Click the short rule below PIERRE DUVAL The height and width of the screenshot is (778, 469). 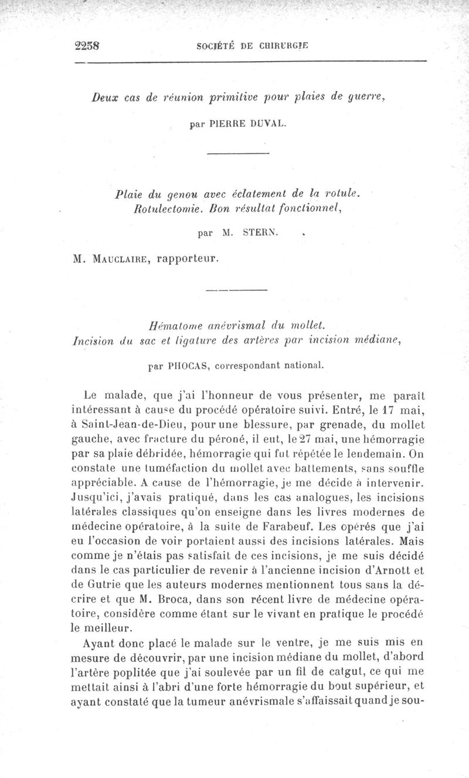pyautogui.click(x=238, y=153)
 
